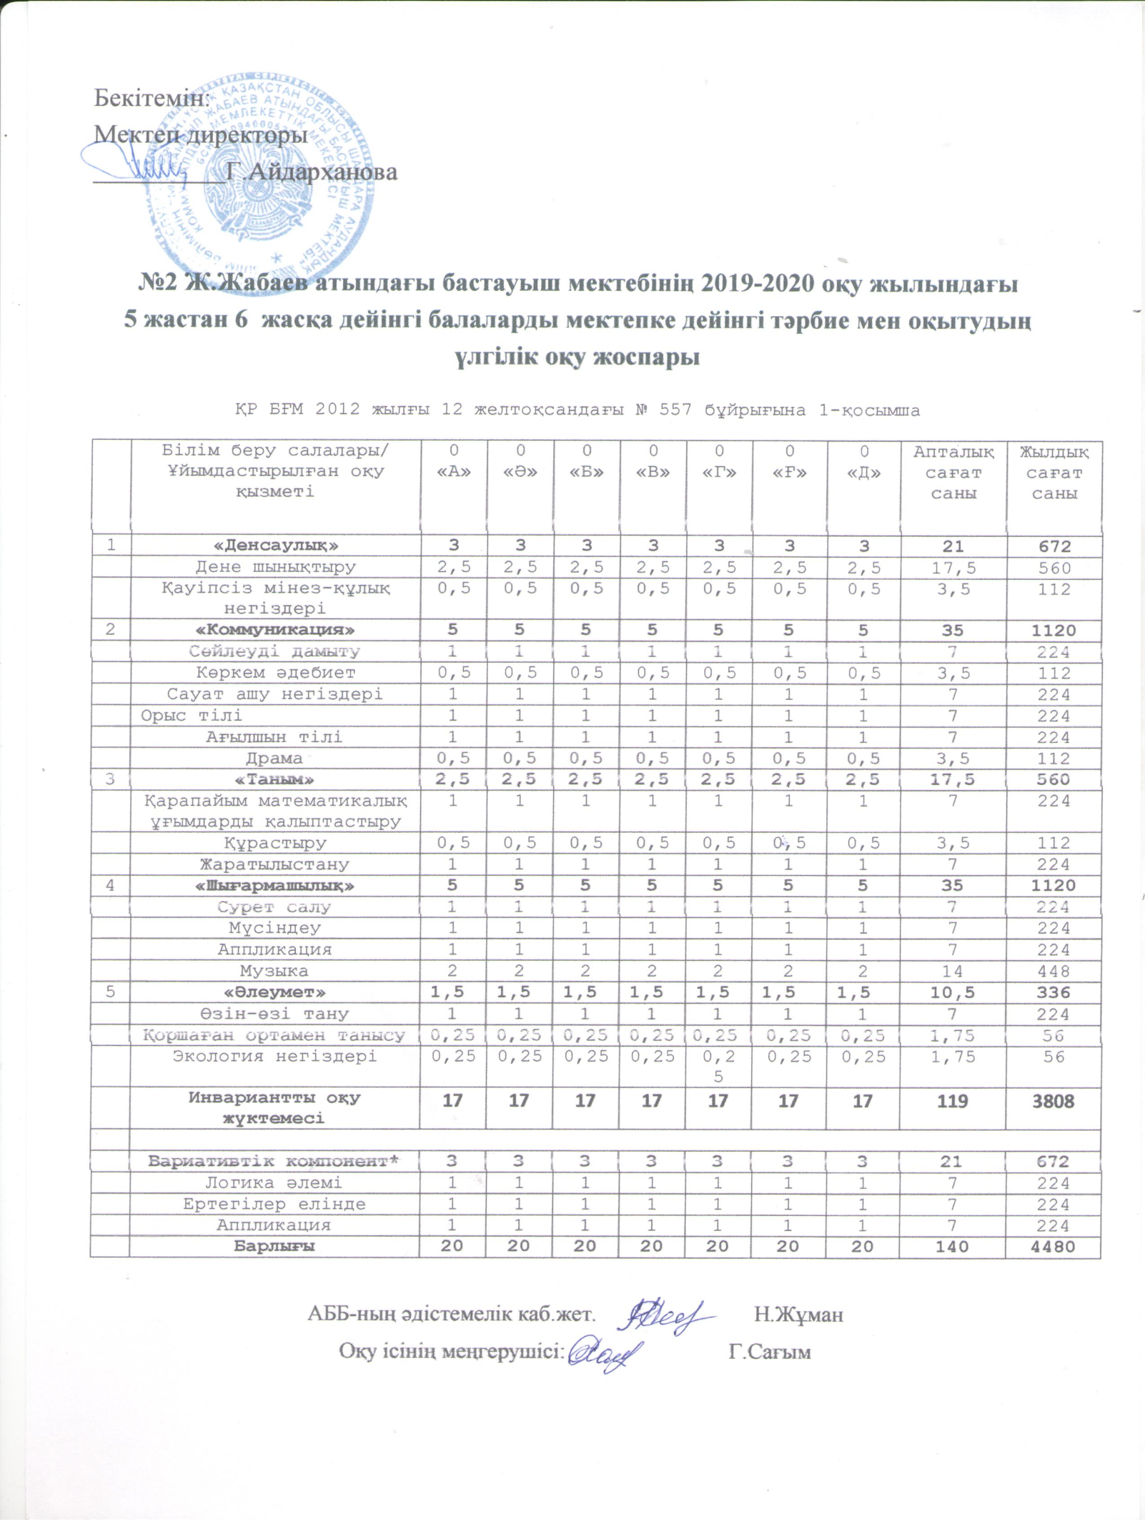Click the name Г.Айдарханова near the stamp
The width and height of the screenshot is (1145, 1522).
(312, 172)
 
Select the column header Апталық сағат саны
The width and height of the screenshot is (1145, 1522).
(953, 473)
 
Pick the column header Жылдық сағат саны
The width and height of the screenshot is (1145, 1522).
(1054, 473)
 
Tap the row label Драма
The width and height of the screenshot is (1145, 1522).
(274, 758)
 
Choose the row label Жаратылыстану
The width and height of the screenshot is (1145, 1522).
(275, 864)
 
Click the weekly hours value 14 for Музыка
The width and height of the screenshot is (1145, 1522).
(953, 971)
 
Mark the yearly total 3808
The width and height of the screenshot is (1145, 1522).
(1054, 1101)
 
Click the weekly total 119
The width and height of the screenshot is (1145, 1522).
(952, 1101)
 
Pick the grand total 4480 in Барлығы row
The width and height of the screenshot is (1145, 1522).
(1054, 1246)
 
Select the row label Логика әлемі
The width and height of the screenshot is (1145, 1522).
(274, 1182)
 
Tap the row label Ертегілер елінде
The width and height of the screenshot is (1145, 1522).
(274, 1204)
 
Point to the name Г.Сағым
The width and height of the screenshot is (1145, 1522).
(770, 1352)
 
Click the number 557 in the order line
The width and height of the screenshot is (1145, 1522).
(676, 410)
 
